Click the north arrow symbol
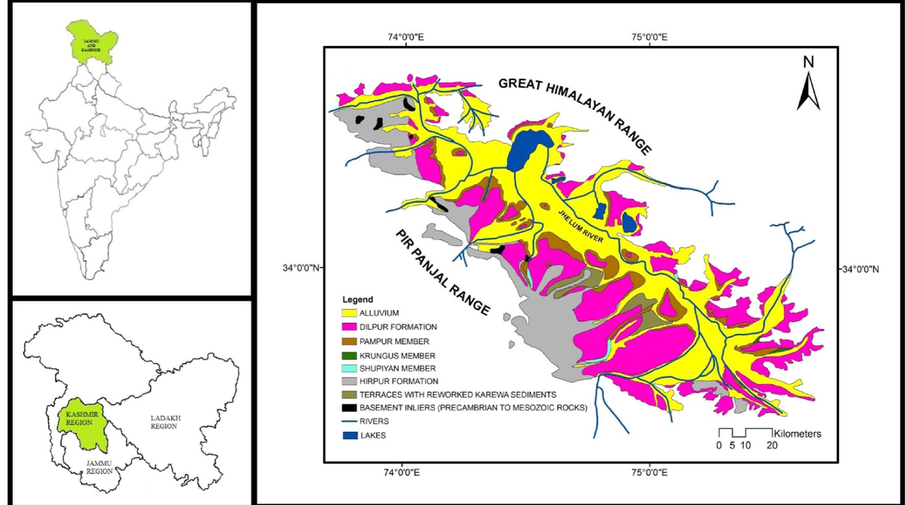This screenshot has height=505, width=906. (x=808, y=90)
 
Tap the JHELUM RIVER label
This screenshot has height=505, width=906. (x=581, y=226)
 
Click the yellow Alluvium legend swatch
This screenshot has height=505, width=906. (x=349, y=313)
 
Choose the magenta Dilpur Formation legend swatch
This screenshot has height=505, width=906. (x=349, y=327)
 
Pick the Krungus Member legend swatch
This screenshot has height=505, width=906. (x=349, y=356)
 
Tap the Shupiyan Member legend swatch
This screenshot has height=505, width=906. (x=349, y=369)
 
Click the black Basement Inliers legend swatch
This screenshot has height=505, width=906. (x=349, y=407)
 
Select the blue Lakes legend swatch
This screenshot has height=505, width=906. (x=350, y=435)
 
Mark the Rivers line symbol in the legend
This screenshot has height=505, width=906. (x=349, y=422)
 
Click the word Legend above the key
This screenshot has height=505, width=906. (x=358, y=299)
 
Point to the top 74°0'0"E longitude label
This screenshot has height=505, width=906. (x=406, y=37)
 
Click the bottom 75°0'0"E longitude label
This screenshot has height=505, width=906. (x=649, y=472)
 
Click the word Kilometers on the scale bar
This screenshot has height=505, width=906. (x=797, y=434)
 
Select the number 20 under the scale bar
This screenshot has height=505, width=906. (x=772, y=445)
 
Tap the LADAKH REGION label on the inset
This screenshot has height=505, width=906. (x=165, y=422)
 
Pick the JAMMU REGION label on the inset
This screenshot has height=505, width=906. (x=99, y=467)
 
